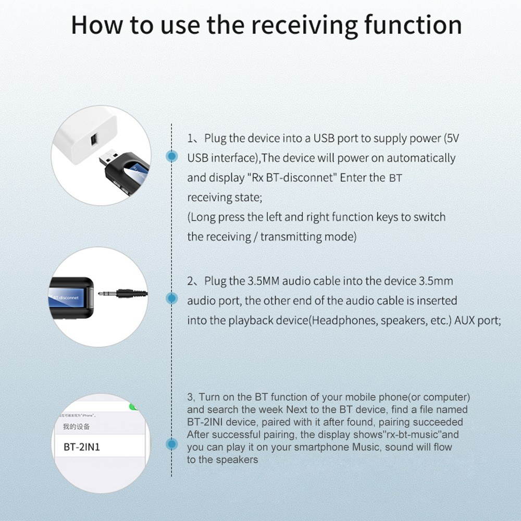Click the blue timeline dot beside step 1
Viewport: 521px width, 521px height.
[171, 156]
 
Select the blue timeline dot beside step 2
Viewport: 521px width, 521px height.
[171, 297]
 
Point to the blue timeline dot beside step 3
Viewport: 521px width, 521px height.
[171, 444]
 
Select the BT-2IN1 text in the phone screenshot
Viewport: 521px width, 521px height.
[81, 447]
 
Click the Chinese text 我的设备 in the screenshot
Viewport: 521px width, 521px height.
[76, 427]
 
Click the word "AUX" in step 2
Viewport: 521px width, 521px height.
[465, 320]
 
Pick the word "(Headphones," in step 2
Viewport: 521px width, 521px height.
[343, 320]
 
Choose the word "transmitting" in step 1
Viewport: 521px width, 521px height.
[293, 237]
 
